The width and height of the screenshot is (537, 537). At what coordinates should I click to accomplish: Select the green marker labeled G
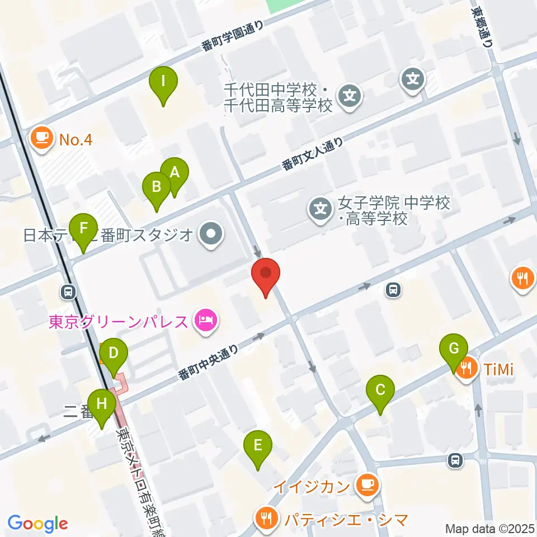point(454,350)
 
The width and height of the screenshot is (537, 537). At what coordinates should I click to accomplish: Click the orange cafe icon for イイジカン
point(367,484)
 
